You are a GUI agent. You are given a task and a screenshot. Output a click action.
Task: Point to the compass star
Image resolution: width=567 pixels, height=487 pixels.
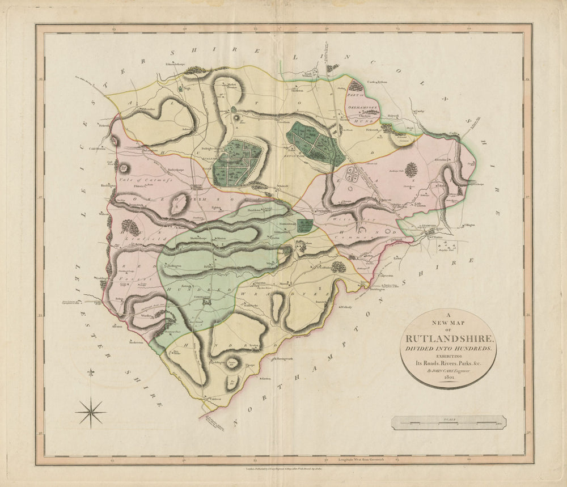(x=91, y=412)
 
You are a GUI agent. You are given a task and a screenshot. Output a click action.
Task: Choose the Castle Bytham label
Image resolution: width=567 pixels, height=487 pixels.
(x=377, y=82)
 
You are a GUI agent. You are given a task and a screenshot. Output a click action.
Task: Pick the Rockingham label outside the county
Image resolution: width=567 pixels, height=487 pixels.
(x=135, y=342)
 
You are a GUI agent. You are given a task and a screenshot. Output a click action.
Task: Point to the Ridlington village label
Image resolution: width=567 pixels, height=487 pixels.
(x=175, y=265)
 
